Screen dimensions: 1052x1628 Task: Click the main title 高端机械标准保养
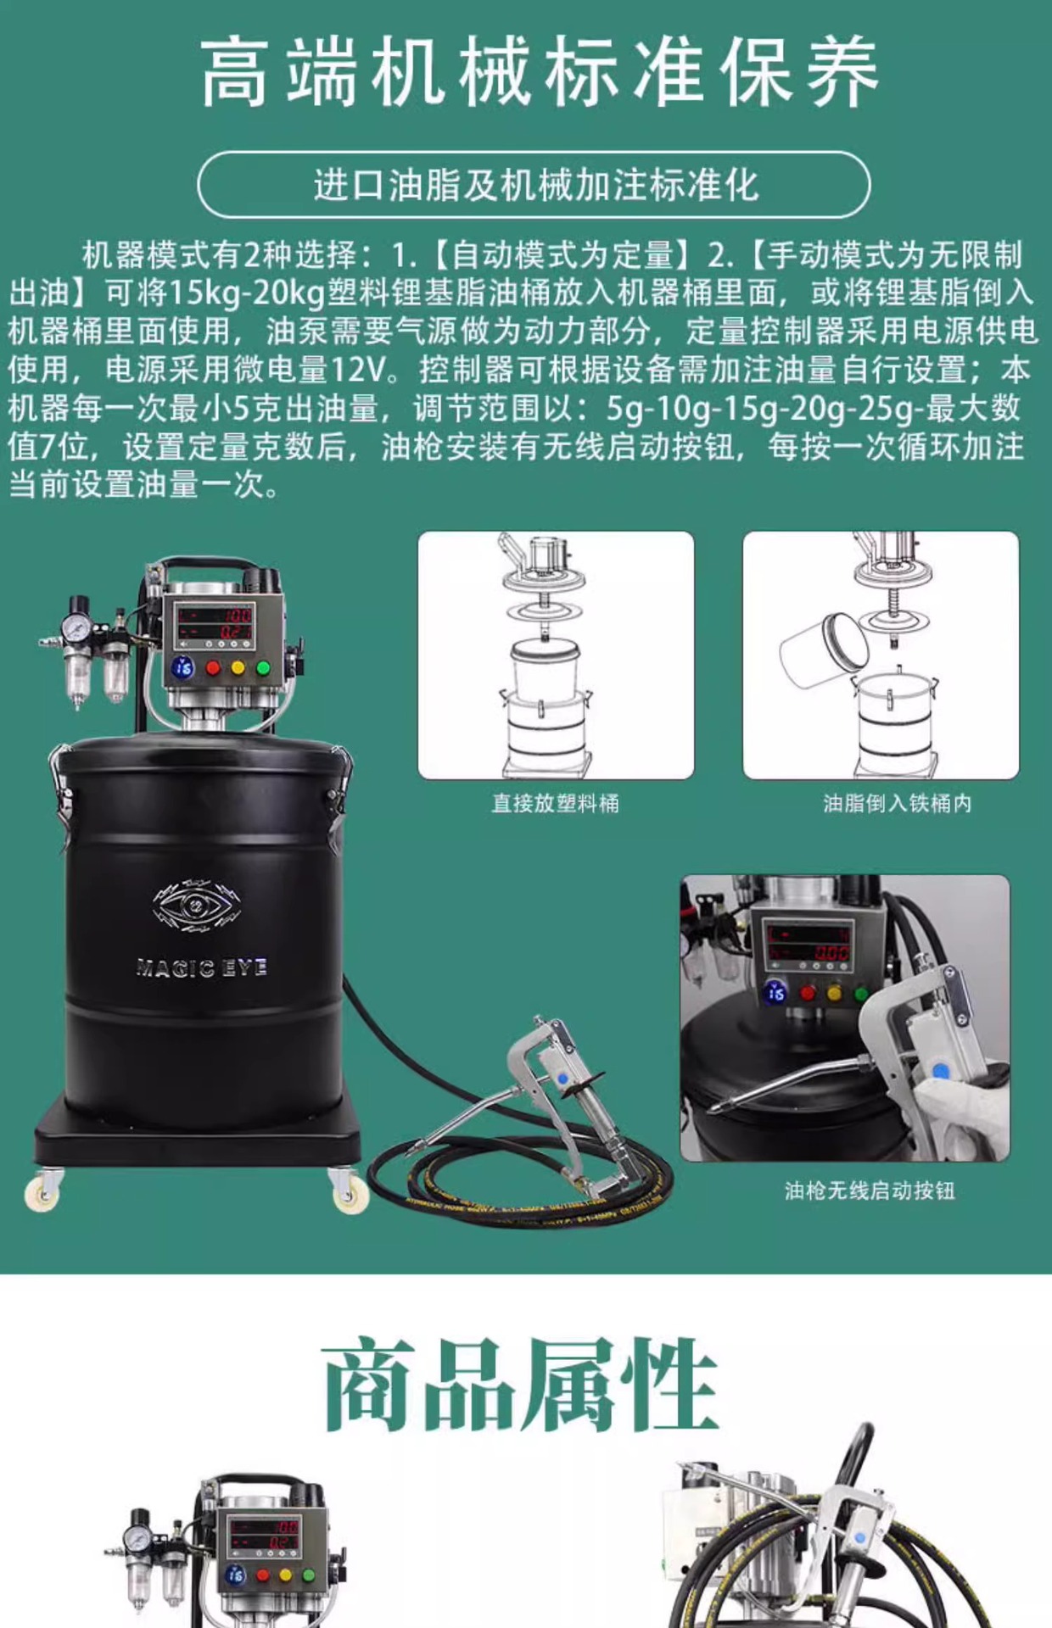[x=540, y=72]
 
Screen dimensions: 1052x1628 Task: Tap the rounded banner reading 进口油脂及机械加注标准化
[x=534, y=185]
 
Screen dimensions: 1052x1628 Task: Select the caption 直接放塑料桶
[x=556, y=803]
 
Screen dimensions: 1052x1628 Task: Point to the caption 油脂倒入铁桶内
[x=897, y=803]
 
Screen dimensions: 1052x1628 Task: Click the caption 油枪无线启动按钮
[x=870, y=1190]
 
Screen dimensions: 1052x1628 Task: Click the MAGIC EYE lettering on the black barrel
[x=202, y=967]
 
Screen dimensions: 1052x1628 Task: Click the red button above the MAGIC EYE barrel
[x=213, y=668]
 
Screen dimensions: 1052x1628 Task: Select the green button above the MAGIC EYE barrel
[x=263, y=668]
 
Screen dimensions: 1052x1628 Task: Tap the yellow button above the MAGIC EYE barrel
[x=238, y=668]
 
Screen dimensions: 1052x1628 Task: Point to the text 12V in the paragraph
[x=361, y=370]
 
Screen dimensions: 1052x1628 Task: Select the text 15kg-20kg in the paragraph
[x=248, y=293]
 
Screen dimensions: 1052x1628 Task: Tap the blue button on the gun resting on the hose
[x=562, y=1079]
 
